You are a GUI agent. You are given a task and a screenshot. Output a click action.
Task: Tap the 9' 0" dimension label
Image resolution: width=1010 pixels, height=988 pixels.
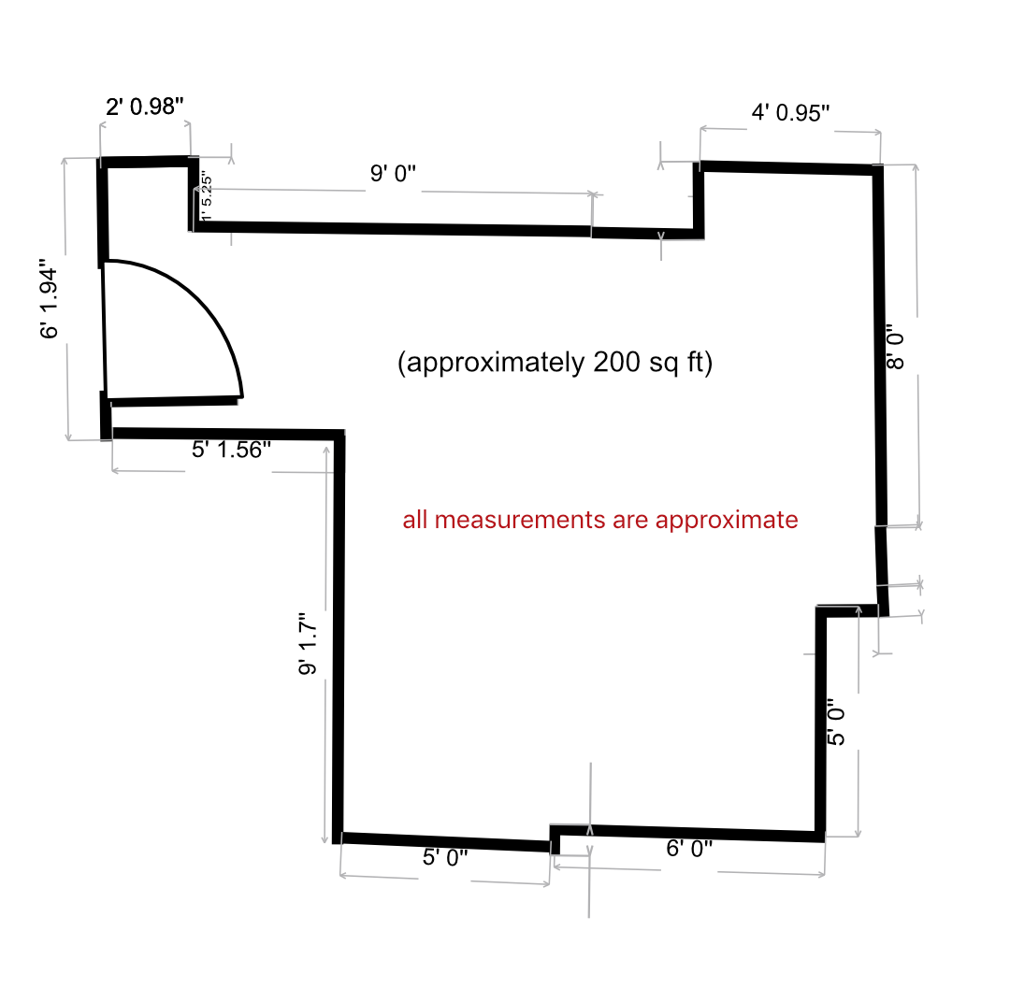(393, 173)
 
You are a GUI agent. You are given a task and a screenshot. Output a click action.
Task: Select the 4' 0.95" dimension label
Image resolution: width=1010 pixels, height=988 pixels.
(791, 113)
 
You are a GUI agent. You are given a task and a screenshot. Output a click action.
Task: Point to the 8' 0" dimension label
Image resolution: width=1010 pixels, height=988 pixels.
(896, 347)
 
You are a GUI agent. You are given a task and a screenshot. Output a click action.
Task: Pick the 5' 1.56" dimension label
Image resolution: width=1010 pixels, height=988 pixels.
(231, 450)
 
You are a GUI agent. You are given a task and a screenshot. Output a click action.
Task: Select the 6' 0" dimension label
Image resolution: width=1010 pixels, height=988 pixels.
(689, 849)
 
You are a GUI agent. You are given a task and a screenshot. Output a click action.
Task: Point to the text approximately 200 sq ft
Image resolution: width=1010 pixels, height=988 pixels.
(555, 363)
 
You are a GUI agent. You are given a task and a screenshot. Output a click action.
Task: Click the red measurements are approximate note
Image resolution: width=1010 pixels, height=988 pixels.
(600, 520)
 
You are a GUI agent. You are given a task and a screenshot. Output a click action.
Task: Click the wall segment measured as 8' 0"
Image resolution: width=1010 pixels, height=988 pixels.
(879, 346)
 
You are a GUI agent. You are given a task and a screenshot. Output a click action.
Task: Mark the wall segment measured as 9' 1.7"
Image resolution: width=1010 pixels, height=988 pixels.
(339, 636)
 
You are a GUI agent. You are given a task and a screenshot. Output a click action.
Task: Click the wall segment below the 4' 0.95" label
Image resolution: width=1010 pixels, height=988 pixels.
(790, 168)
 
